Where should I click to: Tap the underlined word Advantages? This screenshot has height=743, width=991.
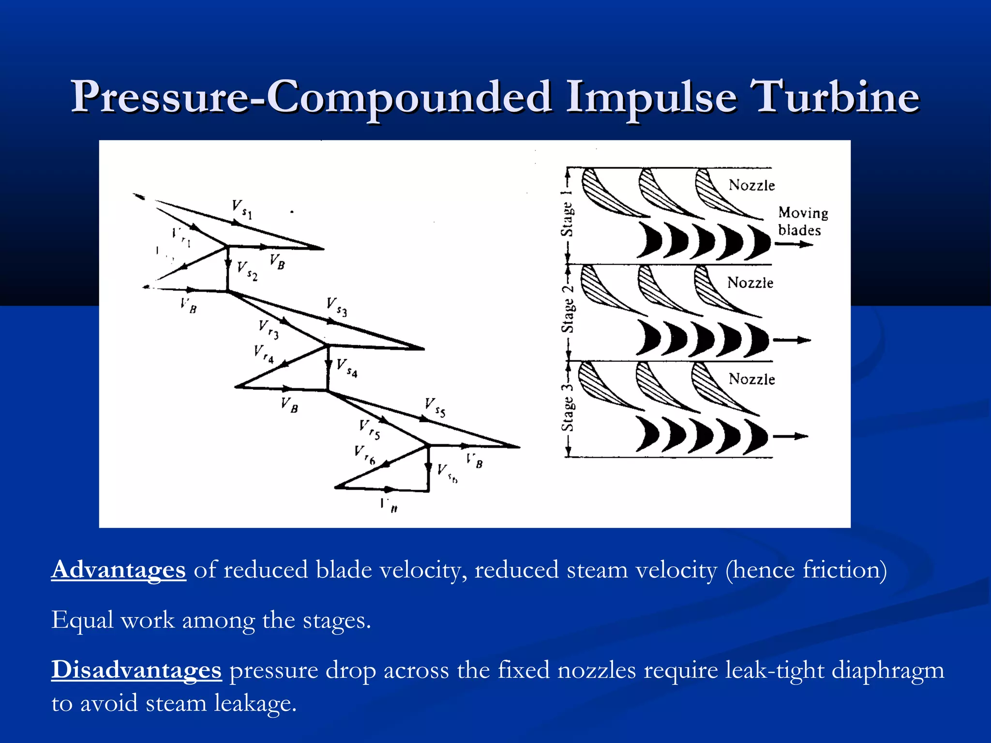pyautogui.click(x=119, y=569)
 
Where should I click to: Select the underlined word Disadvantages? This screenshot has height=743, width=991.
pyautogui.click(x=136, y=670)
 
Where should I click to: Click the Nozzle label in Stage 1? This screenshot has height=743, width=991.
pyautogui.click(x=751, y=185)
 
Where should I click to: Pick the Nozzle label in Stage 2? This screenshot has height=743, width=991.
pyautogui.click(x=750, y=282)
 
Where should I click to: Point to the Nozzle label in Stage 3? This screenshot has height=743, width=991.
pyautogui.click(x=751, y=379)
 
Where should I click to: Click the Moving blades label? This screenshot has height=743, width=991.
pyautogui.click(x=802, y=221)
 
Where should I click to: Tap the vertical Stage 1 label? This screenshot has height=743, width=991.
pyautogui.click(x=567, y=213)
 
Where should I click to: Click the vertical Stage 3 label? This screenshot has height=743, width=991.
pyautogui.click(x=567, y=407)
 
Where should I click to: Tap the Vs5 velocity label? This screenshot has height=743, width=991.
pyautogui.click(x=435, y=407)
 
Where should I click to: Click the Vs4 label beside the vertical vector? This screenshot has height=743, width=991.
pyautogui.click(x=347, y=368)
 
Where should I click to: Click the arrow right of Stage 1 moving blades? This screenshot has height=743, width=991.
pyautogui.click(x=794, y=244)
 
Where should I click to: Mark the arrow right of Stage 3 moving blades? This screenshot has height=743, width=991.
pyautogui.click(x=790, y=437)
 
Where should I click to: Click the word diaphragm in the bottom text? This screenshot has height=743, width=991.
pyautogui.click(x=887, y=670)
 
